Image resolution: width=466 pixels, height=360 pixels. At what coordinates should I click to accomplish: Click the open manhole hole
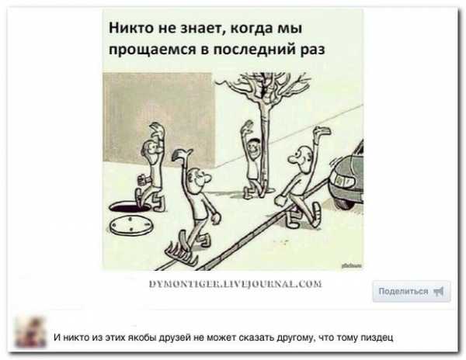(x=130, y=206)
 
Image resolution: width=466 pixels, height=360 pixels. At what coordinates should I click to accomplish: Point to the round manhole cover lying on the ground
(x=130, y=225)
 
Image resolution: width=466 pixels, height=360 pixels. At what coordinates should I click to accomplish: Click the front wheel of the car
(x=346, y=202)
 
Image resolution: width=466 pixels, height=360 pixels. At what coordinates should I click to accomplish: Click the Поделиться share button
(x=412, y=291)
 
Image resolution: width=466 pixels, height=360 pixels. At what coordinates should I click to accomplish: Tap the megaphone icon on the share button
(x=439, y=292)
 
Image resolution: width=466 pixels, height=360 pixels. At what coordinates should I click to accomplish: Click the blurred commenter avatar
(x=31, y=332)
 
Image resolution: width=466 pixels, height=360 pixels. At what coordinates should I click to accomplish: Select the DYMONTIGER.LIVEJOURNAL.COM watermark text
(x=235, y=284)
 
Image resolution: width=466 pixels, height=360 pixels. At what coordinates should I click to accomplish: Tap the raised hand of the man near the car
(x=323, y=131)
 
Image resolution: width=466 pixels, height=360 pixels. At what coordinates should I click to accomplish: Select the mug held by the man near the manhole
(x=142, y=180)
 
